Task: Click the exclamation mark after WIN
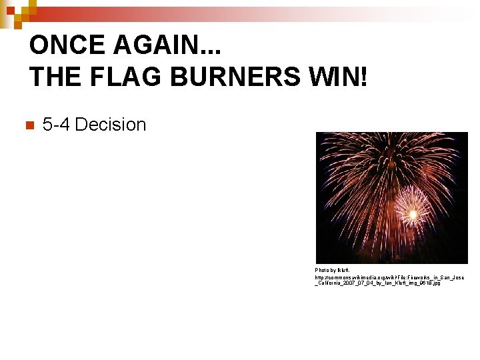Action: click(363, 77)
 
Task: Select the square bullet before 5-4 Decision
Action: click(28, 125)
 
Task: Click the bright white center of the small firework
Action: click(413, 214)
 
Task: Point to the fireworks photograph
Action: click(391, 197)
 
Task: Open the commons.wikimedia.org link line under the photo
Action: click(389, 277)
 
